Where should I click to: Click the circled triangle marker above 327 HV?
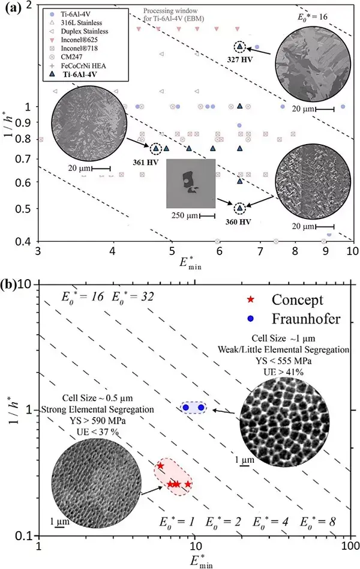pyautogui.click(x=239, y=46)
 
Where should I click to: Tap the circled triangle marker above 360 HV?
pyautogui.click(x=239, y=208)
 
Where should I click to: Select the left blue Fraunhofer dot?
pyautogui.click(x=186, y=408)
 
